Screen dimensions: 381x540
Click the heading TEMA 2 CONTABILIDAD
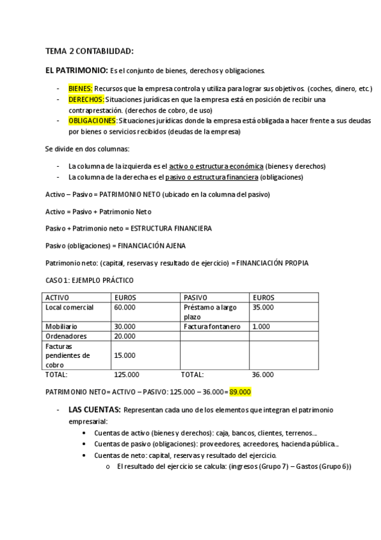coord(89,51)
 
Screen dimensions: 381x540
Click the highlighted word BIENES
coord(80,89)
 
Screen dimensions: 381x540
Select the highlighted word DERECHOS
coord(86,100)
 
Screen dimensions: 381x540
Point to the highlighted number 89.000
coord(240,391)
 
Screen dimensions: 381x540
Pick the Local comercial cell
coord(69,308)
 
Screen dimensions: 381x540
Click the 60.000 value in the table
coord(124,308)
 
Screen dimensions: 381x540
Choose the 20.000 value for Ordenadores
coord(124,336)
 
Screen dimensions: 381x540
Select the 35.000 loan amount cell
coord(263,308)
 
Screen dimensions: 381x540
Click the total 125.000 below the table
coord(127,374)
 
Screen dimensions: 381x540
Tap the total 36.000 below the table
coord(263,374)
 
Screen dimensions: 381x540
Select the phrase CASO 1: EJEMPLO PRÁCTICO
coord(90,280)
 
